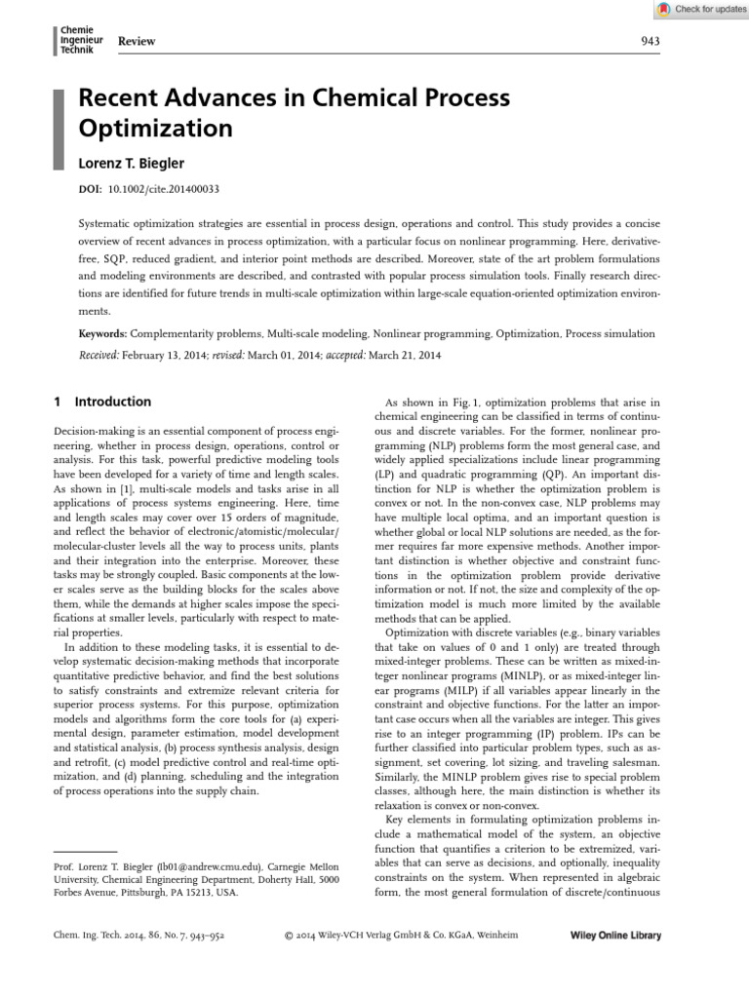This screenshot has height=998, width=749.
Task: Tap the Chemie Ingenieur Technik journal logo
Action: click(81, 39)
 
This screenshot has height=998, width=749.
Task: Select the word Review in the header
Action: click(137, 41)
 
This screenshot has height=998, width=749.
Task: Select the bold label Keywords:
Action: click(102, 333)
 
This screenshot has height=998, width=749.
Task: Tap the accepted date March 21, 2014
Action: click(406, 355)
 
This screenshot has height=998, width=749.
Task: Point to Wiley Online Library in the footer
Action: click(614, 936)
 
